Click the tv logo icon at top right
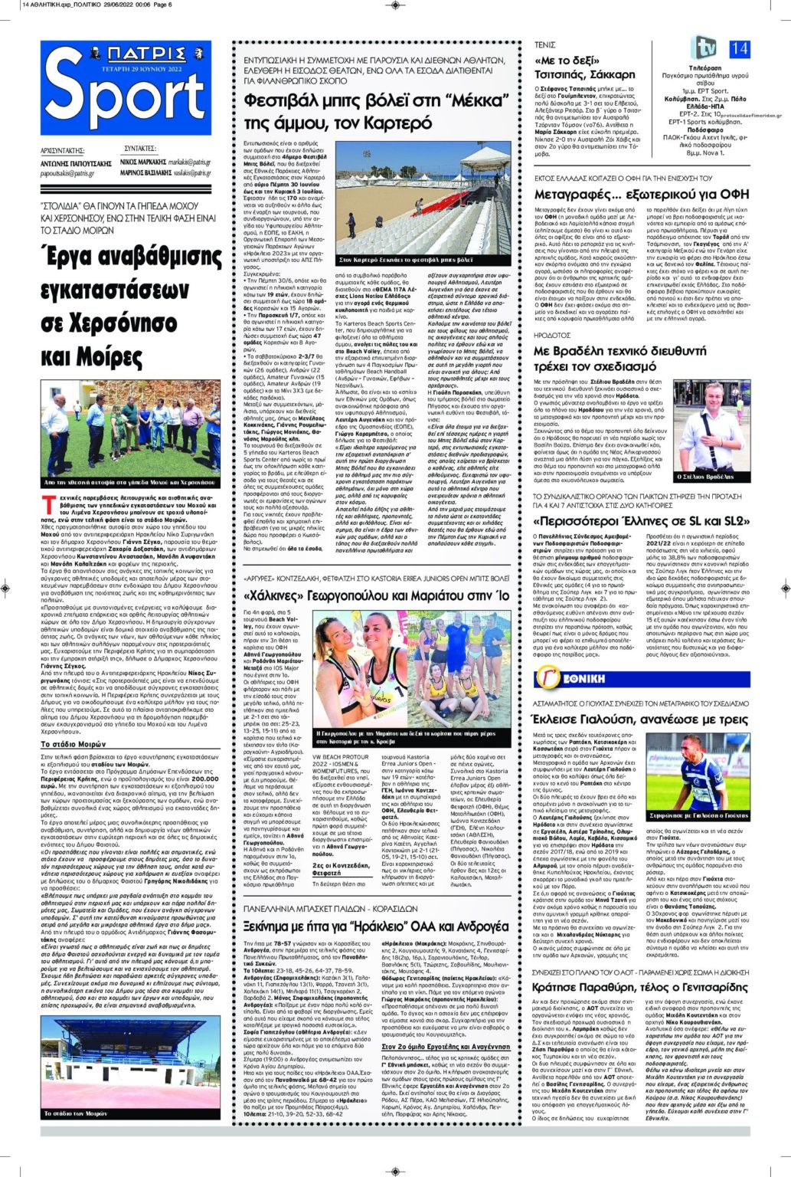[x=703, y=48]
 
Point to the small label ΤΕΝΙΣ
[x=544, y=45]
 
